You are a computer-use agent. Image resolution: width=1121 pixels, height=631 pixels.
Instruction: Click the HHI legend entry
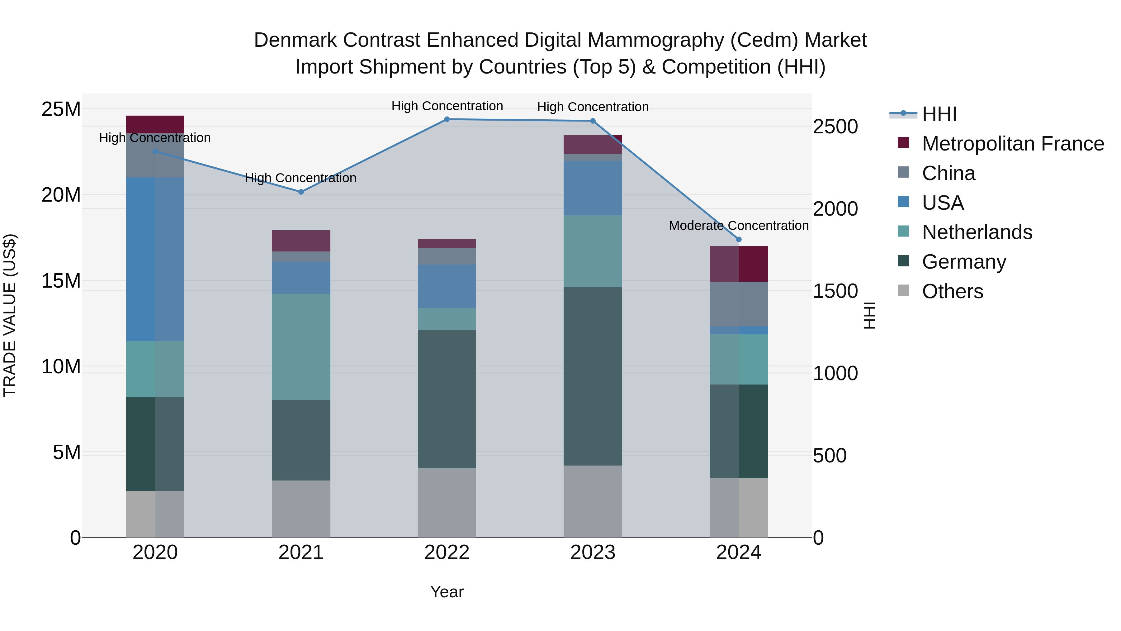tap(939, 114)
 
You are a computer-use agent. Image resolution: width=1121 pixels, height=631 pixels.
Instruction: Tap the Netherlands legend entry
tap(977, 232)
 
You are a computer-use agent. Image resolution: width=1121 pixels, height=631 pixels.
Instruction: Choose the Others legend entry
tap(952, 291)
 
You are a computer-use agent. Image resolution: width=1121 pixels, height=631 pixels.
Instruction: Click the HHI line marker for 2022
tap(447, 119)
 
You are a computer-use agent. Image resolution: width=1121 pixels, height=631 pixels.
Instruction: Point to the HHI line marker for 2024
tap(739, 240)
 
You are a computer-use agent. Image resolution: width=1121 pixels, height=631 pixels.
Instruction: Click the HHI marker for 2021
tap(301, 192)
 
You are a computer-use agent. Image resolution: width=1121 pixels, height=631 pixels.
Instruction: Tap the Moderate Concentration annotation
tap(739, 226)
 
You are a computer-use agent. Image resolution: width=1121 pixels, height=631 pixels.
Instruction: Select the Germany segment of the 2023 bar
tap(593, 376)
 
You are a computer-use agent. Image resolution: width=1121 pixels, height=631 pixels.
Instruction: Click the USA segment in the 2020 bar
tap(155, 259)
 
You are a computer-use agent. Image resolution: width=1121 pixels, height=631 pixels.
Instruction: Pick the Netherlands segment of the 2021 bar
tap(301, 347)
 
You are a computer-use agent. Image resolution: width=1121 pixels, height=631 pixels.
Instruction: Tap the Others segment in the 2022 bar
tap(447, 503)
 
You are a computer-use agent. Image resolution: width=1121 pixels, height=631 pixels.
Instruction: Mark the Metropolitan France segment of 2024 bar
tap(739, 264)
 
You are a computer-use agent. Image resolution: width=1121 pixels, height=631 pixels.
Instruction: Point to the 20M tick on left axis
tap(61, 195)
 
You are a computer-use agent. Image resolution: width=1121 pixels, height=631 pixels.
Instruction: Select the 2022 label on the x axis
tap(447, 552)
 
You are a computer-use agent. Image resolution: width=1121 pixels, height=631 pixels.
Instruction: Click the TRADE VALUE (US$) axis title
tap(10, 315)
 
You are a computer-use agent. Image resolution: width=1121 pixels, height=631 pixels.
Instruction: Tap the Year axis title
tap(447, 592)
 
